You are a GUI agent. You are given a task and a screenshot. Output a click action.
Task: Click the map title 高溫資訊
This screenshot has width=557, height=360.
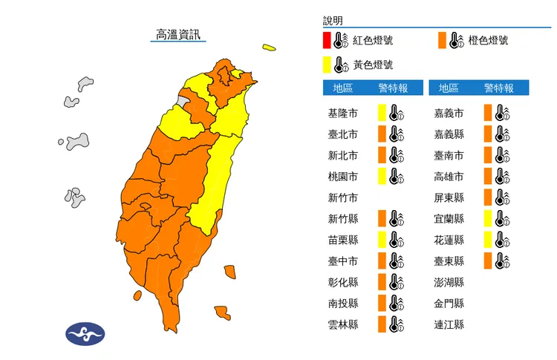pyautogui.click(x=177, y=34)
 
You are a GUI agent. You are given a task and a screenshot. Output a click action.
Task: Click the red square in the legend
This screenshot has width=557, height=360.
pyautogui.click(x=327, y=39)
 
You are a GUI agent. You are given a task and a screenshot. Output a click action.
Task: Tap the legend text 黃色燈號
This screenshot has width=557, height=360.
pyautogui.click(x=373, y=65)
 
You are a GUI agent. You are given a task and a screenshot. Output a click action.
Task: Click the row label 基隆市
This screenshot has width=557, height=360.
pyautogui.click(x=342, y=114)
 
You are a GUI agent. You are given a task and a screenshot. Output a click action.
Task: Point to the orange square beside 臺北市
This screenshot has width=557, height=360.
pyautogui.click(x=382, y=134)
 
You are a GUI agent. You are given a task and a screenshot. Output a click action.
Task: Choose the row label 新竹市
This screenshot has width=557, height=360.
pyautogui.click(x=342, y=197)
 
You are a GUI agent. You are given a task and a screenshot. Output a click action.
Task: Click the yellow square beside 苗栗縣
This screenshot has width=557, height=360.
pyautogui.click(x=382, y=240)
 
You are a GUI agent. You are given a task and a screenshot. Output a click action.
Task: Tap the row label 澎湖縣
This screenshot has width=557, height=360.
pyautogui.click(x=449, y=282)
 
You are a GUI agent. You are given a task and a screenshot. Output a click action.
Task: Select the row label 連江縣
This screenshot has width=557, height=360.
pyautogui.click(x=449, y=324)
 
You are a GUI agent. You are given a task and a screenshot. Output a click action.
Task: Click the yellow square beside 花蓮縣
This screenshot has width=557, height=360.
pyautogui.click(x=488, y=240)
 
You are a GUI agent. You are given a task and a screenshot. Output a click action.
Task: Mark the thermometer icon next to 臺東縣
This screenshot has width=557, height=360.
pyautogui.click(x=503, y=261)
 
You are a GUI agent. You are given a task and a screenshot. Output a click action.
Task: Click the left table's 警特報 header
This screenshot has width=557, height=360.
pyautogui.click(x=393, y=88)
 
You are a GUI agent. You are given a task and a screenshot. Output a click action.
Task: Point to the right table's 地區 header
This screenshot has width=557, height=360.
pyautogui.click(x=449, y=88)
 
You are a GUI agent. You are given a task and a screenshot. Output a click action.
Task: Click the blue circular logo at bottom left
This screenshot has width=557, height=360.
pyautogui.click(x=86, y=333)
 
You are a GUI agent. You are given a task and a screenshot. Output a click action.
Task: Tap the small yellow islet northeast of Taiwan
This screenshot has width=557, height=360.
pyautogui.click(x=268, y=49)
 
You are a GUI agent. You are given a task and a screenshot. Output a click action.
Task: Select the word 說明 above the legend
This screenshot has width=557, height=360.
pyautogui.click(x=333, y=21)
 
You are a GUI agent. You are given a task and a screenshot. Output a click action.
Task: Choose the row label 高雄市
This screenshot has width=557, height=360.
pyautogui.click(x=449, y=177)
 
